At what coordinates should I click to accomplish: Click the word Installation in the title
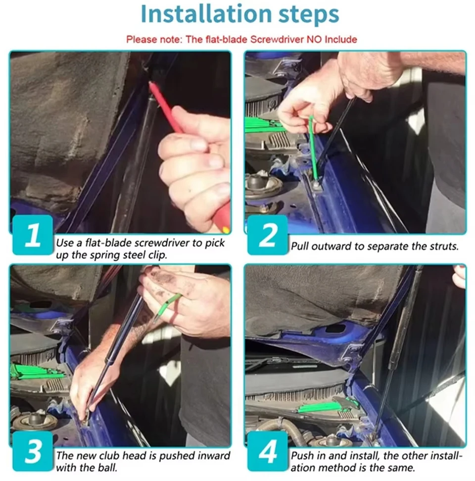pyautogui.click(x=206, y=14)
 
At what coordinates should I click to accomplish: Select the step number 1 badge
pyautogui.click(x=33, y=235)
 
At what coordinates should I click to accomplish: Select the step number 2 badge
pyautogui.click(x=268, y=235)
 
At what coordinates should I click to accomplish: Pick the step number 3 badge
pyautogui.click(x=33, y=451)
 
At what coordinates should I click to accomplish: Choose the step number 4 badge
pyautogui.click(x=268, y=451)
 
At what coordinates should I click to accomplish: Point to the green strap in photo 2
pyautogui.click(x=313, y=147)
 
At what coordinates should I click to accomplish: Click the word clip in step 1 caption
pyautogui.click(x=157, y=255)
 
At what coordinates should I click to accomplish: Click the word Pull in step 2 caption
pyautogui.click(x=300, y=246)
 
